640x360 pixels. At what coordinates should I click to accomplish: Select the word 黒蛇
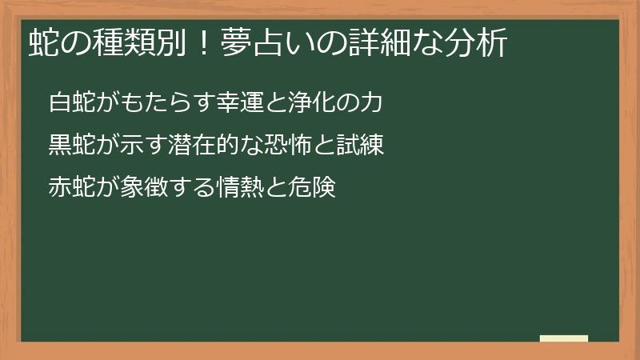point(71,146)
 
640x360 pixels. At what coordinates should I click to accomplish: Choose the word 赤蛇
point(71,189)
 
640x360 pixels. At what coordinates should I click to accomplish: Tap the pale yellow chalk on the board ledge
point(564,338)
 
